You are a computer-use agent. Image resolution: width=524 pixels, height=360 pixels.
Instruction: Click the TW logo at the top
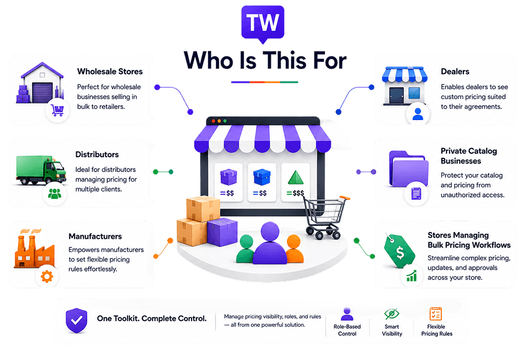(263, 24)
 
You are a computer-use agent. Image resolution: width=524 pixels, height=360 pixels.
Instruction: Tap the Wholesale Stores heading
(110, 72)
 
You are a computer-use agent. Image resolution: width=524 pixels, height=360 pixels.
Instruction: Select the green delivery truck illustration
(41, 170)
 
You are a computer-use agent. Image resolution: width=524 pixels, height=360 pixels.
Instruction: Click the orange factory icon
(34, 248)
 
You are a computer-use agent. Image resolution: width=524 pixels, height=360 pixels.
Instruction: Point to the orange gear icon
(47, 277)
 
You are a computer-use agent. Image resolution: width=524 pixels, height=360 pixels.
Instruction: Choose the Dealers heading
(455, 72)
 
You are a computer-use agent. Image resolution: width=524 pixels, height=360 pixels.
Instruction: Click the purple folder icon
(409, 169)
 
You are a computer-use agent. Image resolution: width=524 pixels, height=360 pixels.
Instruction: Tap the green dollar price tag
(399, 251)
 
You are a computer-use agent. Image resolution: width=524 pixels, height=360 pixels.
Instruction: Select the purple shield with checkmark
(76, 320)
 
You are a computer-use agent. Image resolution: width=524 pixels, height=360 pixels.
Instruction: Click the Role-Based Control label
(347, 330)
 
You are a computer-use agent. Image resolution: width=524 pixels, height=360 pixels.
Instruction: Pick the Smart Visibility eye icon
(391, 313)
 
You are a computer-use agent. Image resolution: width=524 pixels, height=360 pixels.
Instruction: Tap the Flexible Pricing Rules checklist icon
(436, 314)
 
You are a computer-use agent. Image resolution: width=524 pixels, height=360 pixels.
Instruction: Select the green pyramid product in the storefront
(296, 178)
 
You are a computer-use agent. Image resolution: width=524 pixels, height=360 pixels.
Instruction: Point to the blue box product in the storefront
(261, 177)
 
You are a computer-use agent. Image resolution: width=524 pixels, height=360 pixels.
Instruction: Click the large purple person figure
(270, 243)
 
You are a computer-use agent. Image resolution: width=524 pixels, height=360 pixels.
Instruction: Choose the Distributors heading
(97, 154)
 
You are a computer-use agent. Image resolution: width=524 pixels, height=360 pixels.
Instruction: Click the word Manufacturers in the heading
(95, 237)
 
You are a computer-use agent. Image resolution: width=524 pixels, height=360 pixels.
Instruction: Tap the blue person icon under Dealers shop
(417, 114)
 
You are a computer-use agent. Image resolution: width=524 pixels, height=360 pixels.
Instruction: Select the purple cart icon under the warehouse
(58, 110)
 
